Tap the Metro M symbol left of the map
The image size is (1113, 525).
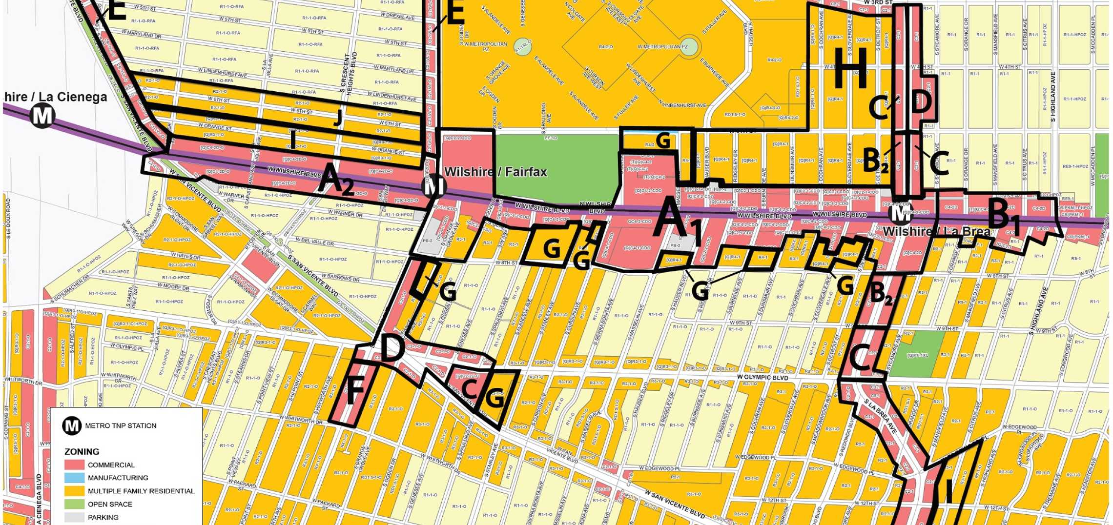coord(42,116)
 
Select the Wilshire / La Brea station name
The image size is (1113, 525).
coord(936,231)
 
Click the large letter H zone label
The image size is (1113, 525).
coord(851,69)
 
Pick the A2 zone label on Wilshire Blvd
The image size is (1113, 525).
coord(336,180)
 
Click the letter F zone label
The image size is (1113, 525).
coord(355,391)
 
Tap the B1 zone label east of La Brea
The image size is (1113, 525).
coord(1004,215)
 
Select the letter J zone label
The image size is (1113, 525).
coord(337,117)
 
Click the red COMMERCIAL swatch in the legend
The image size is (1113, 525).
coord(74,465)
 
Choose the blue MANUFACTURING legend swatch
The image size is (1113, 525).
coord(74,478)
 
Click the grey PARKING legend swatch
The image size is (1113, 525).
coord(74,517)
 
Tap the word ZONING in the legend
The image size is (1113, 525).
coord(82,452)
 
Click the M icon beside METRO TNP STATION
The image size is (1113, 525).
coord(72,425)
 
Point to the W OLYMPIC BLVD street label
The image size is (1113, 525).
coord(763,377)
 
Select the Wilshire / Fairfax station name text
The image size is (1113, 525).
coord(495,172)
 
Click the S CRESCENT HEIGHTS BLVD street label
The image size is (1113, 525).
coord(349,73)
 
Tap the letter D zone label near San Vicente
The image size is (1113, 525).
coord(392,349)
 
